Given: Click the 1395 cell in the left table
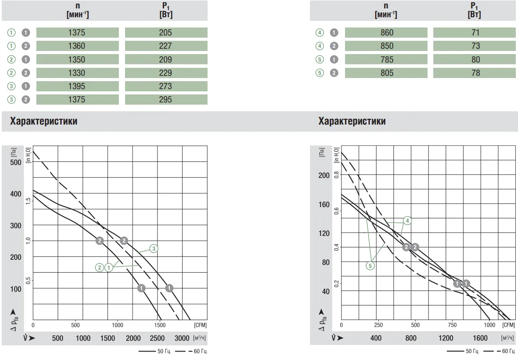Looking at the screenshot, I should [x=77, y=86].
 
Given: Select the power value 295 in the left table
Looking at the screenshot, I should [x=165, y=100].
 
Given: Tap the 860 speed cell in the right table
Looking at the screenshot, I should [x=386, y=32].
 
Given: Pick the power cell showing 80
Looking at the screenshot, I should [x=475, y=59].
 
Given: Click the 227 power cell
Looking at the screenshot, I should [x=165, y=46].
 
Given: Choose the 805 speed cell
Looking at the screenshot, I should [x=386, y=73].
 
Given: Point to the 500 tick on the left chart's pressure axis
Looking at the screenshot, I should [x=16, y=162].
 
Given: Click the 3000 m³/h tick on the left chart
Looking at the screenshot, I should [x=182, y=338].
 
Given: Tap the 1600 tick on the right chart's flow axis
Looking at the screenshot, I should [x=480, y=338].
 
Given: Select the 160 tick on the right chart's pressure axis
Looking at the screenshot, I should [x=324, y=204].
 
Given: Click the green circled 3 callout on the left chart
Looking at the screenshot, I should [x=153, y=249].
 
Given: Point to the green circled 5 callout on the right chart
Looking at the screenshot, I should [x=370, y=266].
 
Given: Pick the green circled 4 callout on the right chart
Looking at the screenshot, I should [x=407, y=220].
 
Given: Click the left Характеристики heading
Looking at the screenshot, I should [x=43, y=121].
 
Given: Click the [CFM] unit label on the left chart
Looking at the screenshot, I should [x=200, y=325].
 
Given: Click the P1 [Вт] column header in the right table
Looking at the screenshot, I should [x=475, y=10].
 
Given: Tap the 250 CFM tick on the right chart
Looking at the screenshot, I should [x=378, y=325].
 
